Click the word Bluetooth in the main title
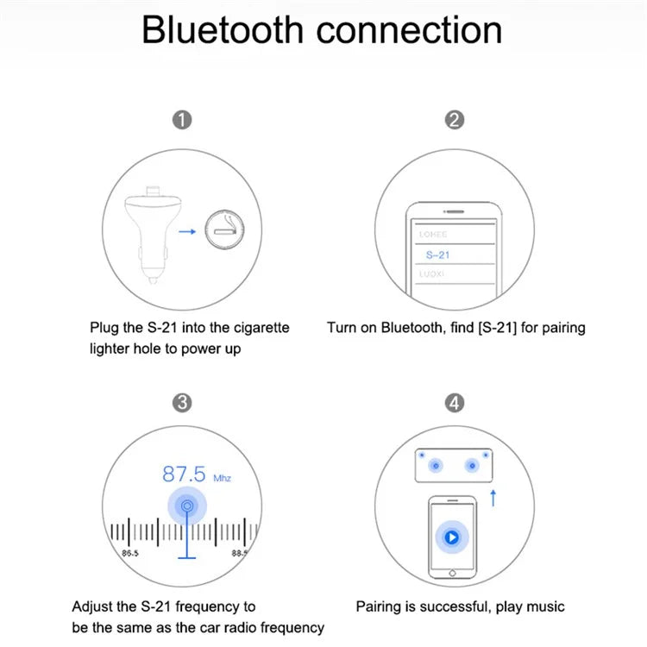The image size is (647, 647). [x=223, y=29]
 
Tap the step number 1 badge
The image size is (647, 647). [x=182, y=120]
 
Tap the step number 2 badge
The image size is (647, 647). [x=455, y=120]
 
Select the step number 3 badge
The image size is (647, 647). [x=182, y=403]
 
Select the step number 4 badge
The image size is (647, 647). [x=455, y=403]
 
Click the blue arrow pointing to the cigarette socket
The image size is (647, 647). [x=185, y=231]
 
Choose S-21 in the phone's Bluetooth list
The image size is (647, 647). [x=437, y=254]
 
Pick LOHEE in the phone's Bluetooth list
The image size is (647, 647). [x=432, y=234]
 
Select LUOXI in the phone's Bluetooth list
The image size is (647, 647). [x=432, y=273]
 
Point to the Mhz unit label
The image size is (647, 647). [x=223, y=478]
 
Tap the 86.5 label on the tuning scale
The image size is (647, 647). [x=131, y=552]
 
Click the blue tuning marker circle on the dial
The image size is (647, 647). [x=186, y=507]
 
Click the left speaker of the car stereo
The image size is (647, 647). [x=436, y=466]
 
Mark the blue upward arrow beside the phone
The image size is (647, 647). [x=493, y=496]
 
